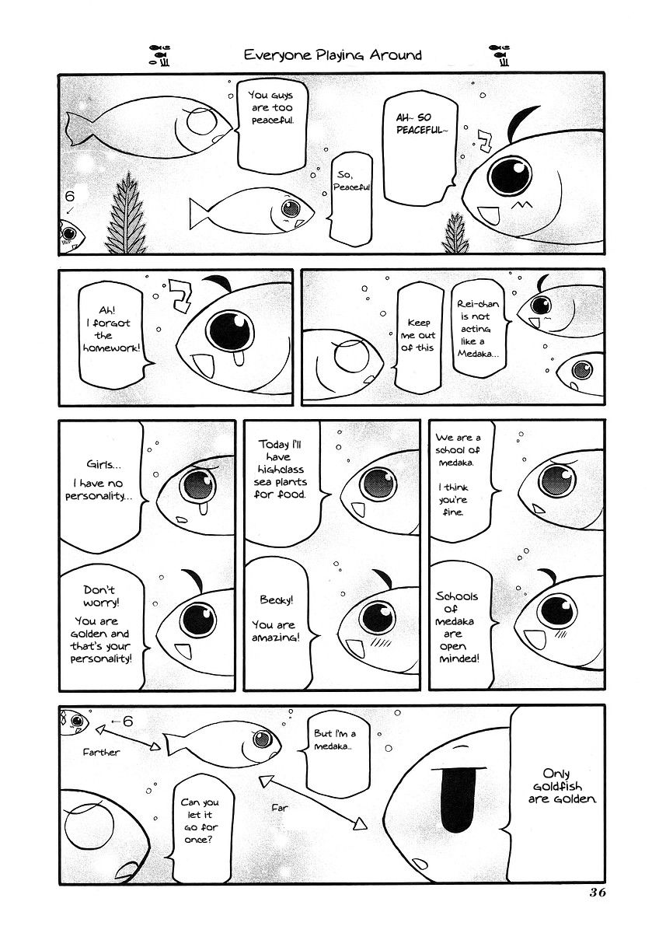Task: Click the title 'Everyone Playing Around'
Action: (333, 54)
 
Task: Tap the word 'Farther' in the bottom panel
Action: (101, 753)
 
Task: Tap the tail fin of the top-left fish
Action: (82, 128)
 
